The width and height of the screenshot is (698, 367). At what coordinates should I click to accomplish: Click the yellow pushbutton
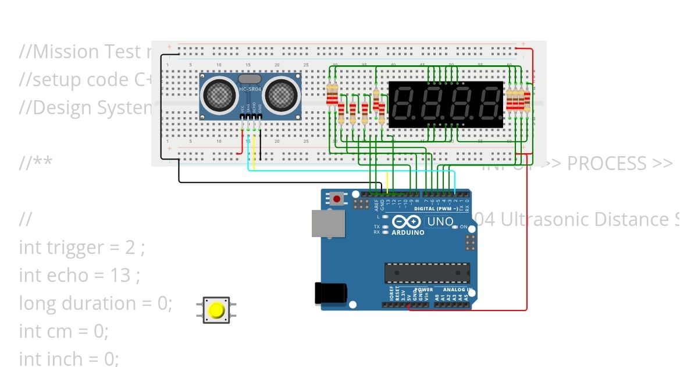click(x=216, y=310)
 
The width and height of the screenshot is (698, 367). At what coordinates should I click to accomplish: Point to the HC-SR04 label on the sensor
click(x=251, y=89)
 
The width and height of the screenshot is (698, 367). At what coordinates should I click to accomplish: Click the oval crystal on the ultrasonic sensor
click(x=250, y=78)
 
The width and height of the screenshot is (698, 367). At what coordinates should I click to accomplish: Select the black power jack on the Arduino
click(x=330, y=292)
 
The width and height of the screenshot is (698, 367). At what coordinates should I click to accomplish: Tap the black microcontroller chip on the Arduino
click(x=427, y=273)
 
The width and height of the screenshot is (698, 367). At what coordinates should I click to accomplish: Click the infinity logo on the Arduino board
click(x=407, y=222)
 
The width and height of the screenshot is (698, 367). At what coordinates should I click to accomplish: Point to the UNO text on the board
click(x=440, y=222)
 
